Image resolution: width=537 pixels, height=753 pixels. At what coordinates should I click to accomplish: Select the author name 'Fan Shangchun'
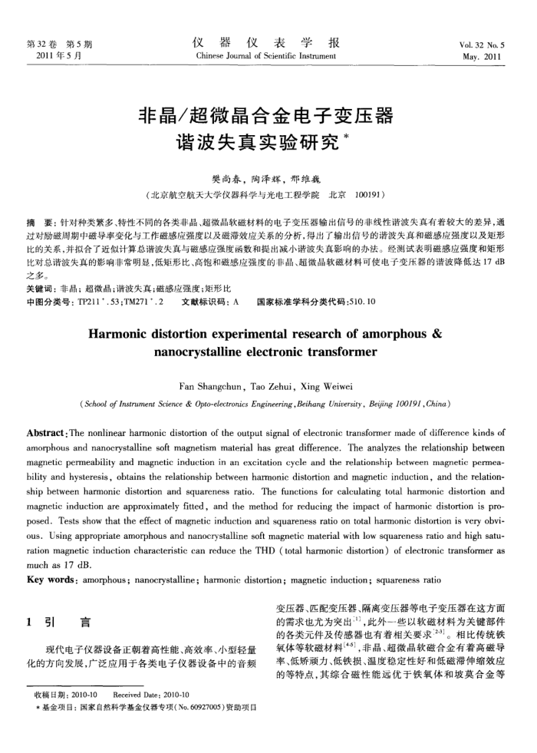click(x=203, y=388)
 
